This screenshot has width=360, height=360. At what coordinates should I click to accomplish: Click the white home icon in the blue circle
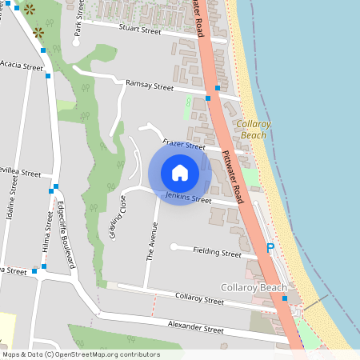180,173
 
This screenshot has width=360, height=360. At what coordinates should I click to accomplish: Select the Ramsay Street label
150,86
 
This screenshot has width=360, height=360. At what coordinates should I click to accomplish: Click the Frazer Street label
184,145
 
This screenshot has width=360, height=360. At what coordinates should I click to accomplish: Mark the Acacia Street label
22,64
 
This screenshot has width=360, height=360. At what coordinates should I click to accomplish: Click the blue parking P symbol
270,249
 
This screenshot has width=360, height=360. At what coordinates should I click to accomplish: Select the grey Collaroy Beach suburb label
253,287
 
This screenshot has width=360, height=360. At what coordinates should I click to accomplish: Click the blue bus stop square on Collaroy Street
285,298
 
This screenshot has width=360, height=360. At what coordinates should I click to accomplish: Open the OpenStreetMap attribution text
80,354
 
